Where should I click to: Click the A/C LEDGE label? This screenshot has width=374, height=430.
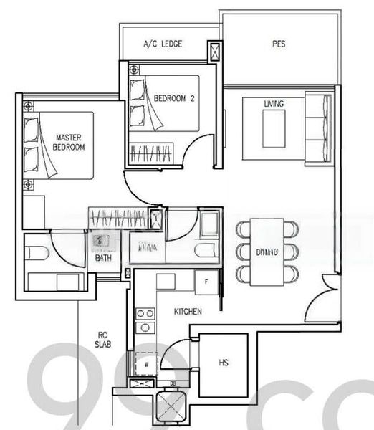coord(163,44)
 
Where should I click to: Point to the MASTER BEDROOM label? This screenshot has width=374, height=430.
coord(69,141)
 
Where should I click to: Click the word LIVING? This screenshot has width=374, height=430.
coord(274,105)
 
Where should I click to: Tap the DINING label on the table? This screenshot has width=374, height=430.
coord(267,252)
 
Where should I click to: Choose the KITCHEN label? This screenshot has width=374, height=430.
coord(188,312)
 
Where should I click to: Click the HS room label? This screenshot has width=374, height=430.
coord(224,363)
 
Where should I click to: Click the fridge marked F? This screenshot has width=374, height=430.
coord(206,282)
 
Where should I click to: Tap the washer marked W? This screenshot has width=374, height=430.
coord(147,363)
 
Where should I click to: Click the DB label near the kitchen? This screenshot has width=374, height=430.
coord(173,383)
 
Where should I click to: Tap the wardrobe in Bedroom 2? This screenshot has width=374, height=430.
coord(151,152)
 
